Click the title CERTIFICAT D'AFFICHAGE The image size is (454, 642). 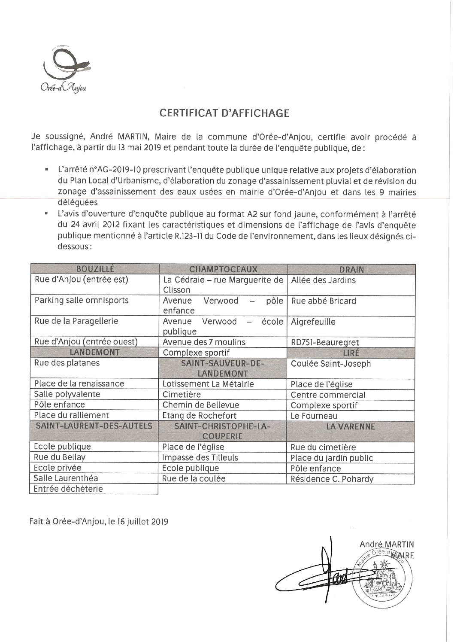224,113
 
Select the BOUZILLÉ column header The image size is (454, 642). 94,269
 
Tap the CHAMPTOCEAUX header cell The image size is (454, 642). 223,269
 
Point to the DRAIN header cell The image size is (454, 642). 351,269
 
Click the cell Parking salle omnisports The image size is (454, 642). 82,300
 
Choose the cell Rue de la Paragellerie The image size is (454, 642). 76,321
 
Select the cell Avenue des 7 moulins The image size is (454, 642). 204,342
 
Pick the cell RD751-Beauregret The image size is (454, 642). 325,342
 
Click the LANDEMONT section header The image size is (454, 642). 94,353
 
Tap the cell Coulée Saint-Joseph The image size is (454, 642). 331,363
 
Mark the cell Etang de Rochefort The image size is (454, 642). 200,415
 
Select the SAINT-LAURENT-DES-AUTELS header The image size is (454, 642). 94,426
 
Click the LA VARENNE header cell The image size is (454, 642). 351,427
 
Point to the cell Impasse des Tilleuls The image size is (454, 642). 200,457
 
